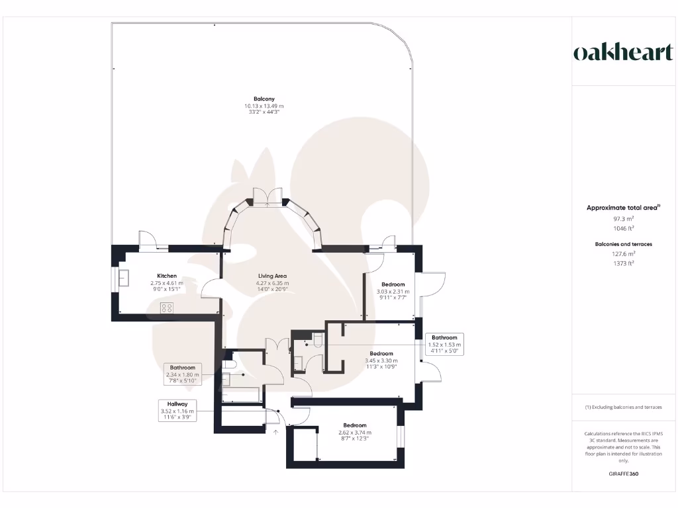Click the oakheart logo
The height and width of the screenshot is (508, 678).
tap(622, 52)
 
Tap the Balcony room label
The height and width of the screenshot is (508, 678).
tap(264, 99)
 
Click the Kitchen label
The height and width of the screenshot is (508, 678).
tap(166, 276)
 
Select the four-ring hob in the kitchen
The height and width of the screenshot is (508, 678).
tap(167, 308)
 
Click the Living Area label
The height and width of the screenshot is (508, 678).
tap(272, 276)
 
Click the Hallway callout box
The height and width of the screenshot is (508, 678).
tap(177, 411)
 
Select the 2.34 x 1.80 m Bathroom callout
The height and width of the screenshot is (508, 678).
tap(182, 374)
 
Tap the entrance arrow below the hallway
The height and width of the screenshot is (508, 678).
tap(276, 432)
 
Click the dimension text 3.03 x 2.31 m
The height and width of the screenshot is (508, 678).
tap(393, 291)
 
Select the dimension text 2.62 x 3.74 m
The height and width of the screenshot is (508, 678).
tap(354, 432)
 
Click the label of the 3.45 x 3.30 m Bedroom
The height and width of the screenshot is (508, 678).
tap(381, 353)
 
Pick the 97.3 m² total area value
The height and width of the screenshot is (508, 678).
tap(622, 218)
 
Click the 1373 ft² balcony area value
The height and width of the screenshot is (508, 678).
tap(622, 263)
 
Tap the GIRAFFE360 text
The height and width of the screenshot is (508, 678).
tap(622, 474)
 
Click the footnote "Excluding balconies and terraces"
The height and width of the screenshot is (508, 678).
tap(622, 407)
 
